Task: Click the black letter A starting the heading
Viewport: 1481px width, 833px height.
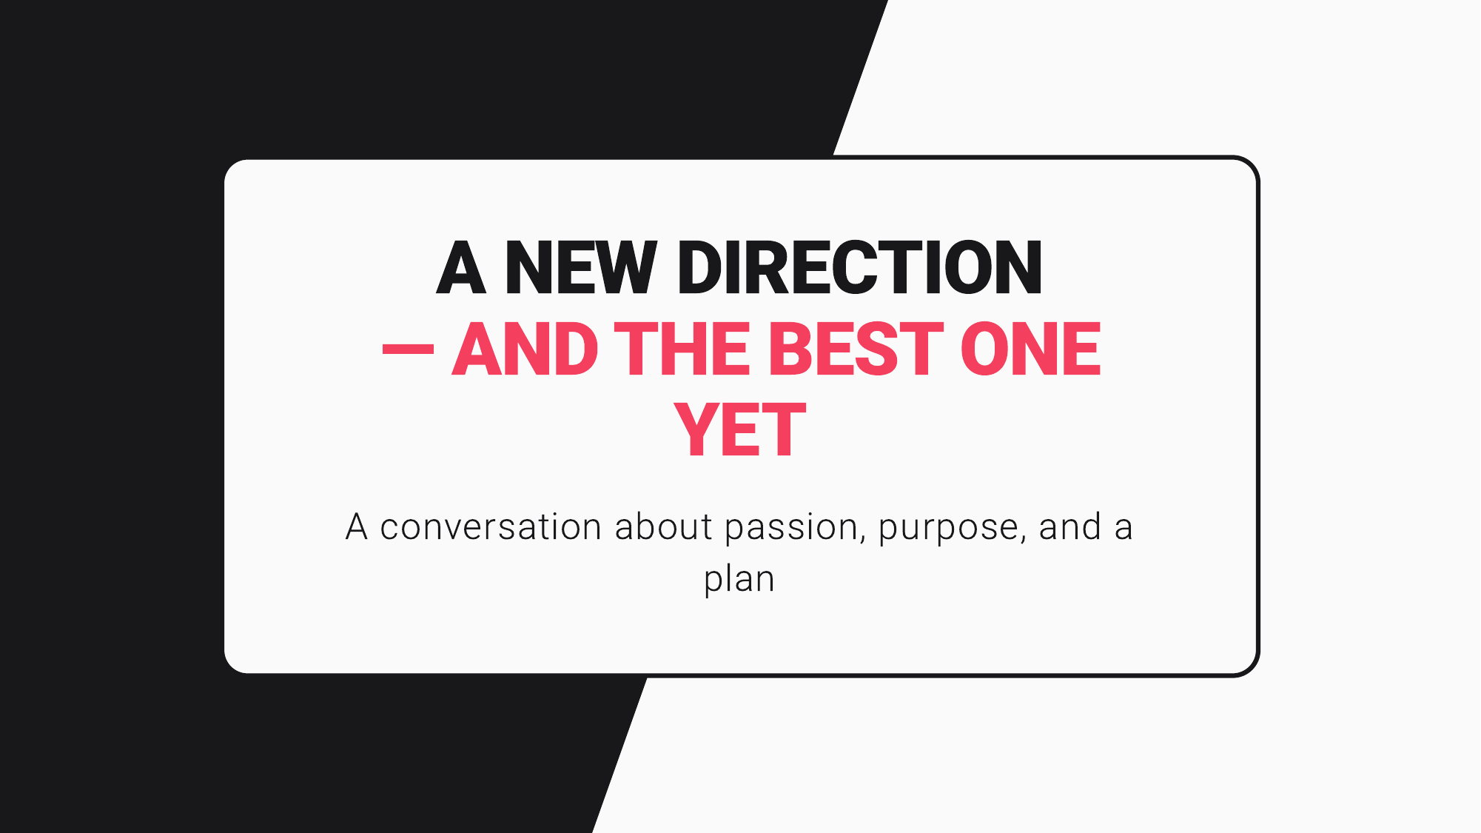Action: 460,268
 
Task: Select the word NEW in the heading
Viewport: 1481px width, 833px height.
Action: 581,268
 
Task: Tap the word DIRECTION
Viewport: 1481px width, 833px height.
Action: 859,268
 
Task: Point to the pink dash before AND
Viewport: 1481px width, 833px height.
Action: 408,349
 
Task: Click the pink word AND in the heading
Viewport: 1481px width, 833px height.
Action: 525,349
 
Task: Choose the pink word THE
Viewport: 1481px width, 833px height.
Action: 682,349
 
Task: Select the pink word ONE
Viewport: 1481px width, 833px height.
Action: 1030,349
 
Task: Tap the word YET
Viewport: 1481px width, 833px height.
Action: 740,430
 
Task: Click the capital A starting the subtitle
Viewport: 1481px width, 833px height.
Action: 357,527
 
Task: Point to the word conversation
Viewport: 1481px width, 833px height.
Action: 491,527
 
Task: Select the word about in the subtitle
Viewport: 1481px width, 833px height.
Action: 663,527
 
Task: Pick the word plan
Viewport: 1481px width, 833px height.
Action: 739,580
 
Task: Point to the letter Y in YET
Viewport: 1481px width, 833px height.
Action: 696,430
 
